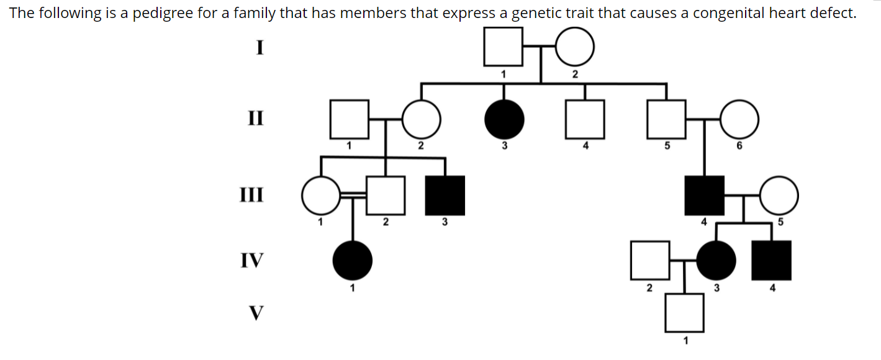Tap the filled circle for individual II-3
point(504,119)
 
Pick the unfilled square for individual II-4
point(585,119)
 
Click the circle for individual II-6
point(739,119)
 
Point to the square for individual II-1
point(349,119)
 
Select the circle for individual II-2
point(422,119)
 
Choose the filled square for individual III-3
point(445,195)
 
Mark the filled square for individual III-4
point(704,195)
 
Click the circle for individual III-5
point(779,195)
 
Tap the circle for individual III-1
point(320,195)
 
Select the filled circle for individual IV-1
point(353,260)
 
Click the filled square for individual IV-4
point(771,260)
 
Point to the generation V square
point(685,312)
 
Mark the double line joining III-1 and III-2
point(353,194)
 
